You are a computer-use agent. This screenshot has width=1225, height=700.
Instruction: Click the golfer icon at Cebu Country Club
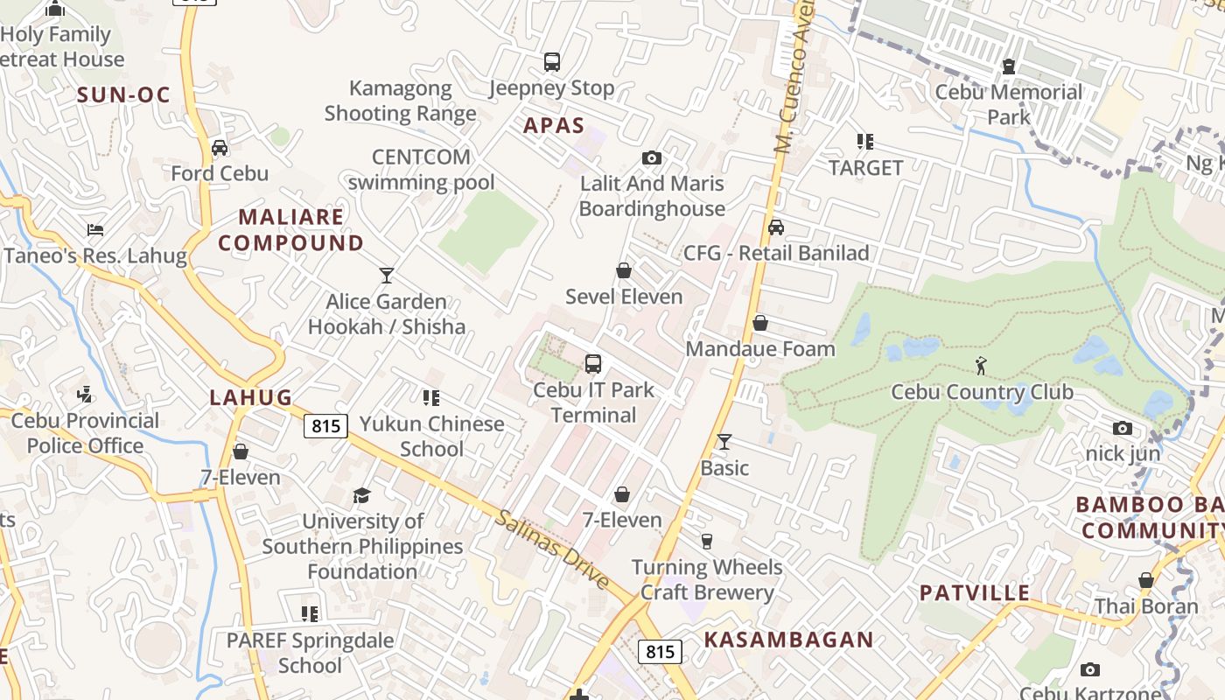click(981, 366)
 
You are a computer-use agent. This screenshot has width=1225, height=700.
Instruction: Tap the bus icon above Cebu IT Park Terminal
click(593, 364)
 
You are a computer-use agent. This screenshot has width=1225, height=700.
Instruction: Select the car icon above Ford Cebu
click(220, 147)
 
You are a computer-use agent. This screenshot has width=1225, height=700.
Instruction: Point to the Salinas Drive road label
click(553, 549)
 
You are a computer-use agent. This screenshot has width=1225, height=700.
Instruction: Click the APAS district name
click(554, 125)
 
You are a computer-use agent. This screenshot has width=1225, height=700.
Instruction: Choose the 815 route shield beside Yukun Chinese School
click(326, 426)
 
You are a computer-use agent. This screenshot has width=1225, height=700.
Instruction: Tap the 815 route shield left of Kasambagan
click(660, 652)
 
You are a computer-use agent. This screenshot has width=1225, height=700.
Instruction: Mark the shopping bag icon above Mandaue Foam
click(760, 323)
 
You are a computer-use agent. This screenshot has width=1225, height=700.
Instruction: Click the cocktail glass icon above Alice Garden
click(387, 276)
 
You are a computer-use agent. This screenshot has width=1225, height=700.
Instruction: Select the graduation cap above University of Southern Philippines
click(362, 496)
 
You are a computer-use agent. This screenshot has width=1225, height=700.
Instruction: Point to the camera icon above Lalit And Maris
click(652, 157)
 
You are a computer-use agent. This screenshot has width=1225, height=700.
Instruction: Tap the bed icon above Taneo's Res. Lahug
click(95, 230)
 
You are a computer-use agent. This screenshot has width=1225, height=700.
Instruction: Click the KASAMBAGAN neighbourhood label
click(788, 640)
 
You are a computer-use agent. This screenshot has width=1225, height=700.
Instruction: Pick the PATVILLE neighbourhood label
click(975, 592)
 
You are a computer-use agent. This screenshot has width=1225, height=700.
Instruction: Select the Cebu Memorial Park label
click(1009, 104)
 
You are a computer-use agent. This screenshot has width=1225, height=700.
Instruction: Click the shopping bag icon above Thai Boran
click(1146, 580)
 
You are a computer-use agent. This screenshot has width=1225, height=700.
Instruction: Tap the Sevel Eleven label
click(624, 297)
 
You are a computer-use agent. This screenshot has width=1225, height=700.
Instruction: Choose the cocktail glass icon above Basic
click(724, 442)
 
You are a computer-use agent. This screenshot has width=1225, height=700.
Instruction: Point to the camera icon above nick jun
click(1123, 428)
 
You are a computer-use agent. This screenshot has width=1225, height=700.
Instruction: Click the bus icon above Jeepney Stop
click(552, 62)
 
